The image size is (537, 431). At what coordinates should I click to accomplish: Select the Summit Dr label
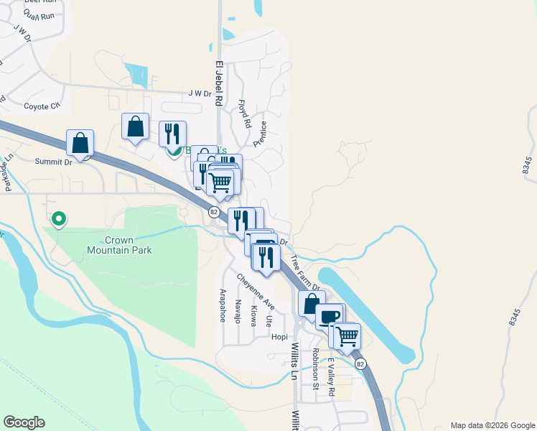pyautogui.click(x=54, y=162)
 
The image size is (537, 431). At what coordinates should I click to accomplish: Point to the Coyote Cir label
pyautogui.click(x=42, y=106)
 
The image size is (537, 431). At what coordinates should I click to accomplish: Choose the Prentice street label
pyautogui.click(x=259, y=133)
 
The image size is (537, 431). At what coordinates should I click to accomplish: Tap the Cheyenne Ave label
pyautogui.click(x=255, y=292)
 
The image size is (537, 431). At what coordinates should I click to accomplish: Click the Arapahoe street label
pyautogui.click(x=223, y=306)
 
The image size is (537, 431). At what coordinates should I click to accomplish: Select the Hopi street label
pyautogui.click(x=279, y=335)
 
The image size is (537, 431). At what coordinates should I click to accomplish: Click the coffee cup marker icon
pyautogui.click(x=330, y=317)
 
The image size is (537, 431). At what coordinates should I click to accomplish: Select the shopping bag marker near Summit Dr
pyautogui.click(x=80, y=143)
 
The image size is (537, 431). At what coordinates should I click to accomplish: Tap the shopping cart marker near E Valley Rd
pyautogui.click(x=347, y=335)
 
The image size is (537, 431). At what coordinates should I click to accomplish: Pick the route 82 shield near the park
pyautogui.click(x=214, y=212)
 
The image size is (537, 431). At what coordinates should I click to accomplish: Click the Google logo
pyautogui.click(x=24, y=422)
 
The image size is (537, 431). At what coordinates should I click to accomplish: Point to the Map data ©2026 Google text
pyautogui.click(x=492, y=425)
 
